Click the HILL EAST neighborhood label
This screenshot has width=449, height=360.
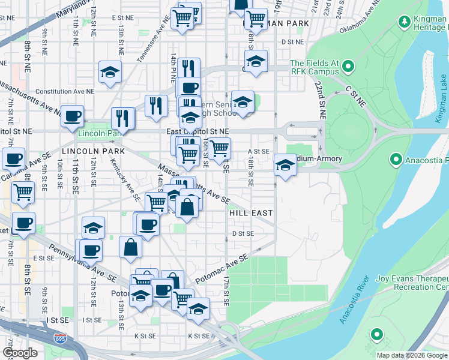click(x=251, y=213)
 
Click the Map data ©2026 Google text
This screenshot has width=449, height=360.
click(x=412, y=355)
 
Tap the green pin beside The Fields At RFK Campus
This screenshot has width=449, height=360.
click(x=346, y=66)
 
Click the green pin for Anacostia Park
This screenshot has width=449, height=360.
click(x=396, y=160)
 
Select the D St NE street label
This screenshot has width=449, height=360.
click(x=293, y=42)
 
